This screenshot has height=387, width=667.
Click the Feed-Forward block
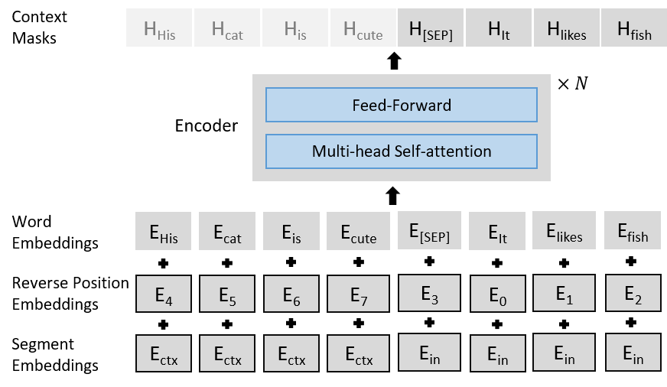(401, 105)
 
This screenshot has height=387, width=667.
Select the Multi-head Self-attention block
(401, 151)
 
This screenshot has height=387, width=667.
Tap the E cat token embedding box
(227, 231)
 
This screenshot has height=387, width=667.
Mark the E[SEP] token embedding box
(430, 230)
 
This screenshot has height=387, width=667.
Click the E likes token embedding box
(564, 230)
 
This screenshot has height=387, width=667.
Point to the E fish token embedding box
(633, 230)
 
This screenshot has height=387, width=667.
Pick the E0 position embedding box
(496, 293)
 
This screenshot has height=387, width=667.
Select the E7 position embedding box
(359, 293)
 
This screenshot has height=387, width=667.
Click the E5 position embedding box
(227, 293)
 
